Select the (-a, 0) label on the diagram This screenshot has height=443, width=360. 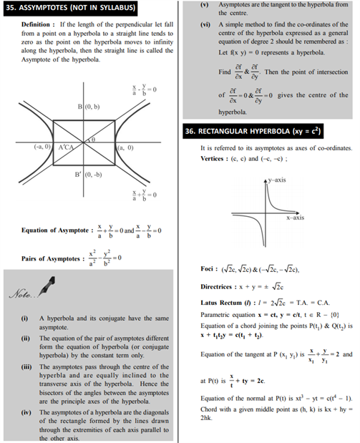click(x=42, y=147)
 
